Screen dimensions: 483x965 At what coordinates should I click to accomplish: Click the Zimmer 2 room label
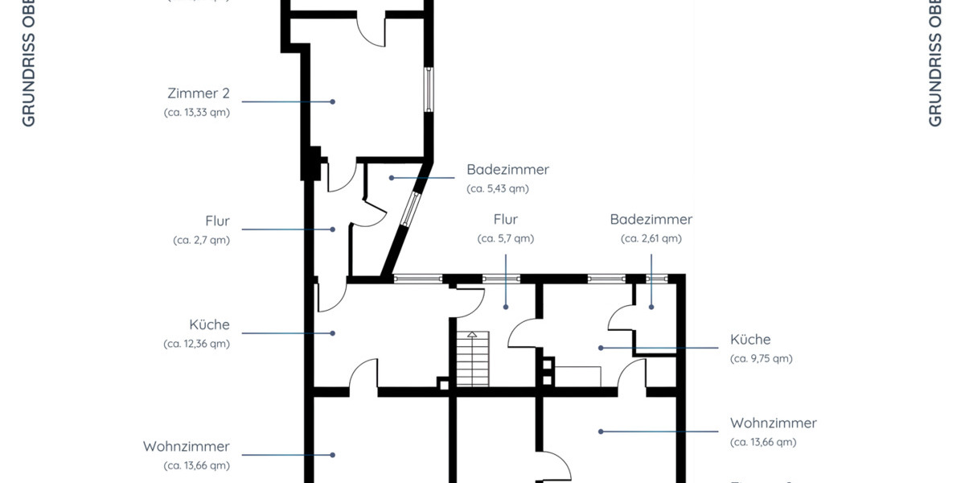coord(199,93)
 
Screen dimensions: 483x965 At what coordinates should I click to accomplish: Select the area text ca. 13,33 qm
coord(197,113)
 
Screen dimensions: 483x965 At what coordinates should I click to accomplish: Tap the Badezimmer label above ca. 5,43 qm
coord(507,170)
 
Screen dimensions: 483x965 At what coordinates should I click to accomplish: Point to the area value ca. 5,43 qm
coord(497,189)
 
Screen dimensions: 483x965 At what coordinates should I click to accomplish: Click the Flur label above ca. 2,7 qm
coord(217,221)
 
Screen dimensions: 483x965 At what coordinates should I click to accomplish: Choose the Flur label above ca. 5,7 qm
coord(505,219)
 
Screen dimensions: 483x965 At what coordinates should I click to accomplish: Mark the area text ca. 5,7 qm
coord(505,238)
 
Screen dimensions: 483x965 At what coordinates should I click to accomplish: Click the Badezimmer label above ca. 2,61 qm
coord(651,219)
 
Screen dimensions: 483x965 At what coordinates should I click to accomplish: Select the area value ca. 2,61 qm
coord(651,238)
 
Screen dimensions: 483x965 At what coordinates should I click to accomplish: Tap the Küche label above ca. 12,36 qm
coord(209,325)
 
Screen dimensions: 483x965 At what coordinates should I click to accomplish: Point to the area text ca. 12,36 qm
coord(197,344)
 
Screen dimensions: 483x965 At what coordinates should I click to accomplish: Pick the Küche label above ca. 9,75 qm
coord(750,340)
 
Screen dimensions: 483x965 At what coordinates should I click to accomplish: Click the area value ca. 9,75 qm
coord(761,359)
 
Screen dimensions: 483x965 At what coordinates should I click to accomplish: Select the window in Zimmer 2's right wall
coord(429,89)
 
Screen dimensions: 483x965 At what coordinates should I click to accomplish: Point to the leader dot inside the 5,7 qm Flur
coord(506,307)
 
